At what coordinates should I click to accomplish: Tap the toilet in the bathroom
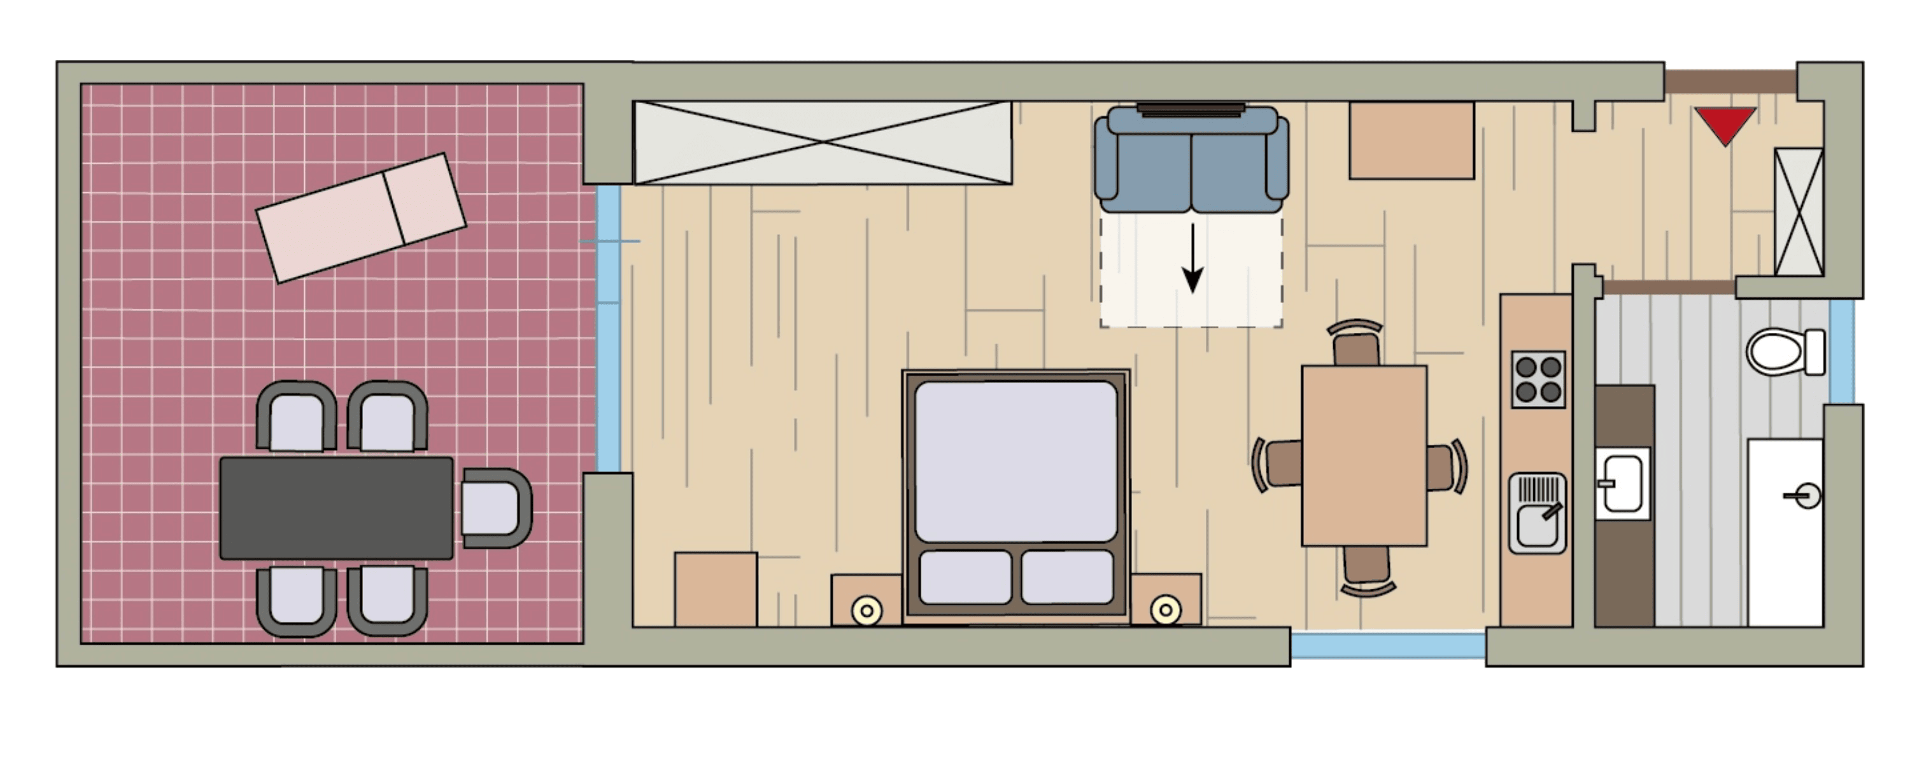coord(1783,352)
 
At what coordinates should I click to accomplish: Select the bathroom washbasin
coord(1622,483)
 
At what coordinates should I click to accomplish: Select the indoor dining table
coord(1364,455)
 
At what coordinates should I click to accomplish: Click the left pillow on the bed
coord(965,577)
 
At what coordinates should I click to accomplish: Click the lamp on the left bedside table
coord(866,612)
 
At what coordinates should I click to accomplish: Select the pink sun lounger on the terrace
coord(361,218)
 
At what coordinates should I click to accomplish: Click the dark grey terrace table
coord(336,508)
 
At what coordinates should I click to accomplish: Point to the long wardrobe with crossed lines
coord(823,143)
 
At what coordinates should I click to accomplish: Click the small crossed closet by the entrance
coord(1799,212)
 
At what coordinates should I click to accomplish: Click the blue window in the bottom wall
coord(1387,645)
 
